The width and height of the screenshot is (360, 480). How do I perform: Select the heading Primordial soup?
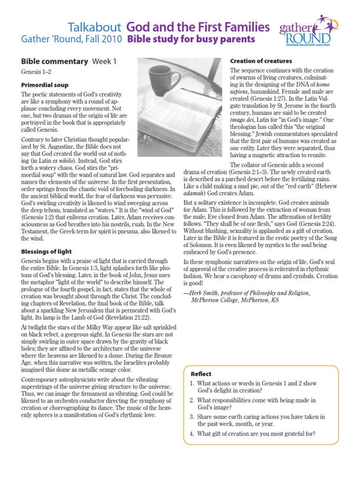coord(45,85)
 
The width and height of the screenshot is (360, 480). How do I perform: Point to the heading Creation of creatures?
coord(261,61)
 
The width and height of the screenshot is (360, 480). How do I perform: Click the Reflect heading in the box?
coord(201,374)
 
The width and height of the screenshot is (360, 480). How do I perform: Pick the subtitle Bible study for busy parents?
coord(191,39)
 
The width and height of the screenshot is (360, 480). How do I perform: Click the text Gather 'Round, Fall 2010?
coord(71,40)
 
